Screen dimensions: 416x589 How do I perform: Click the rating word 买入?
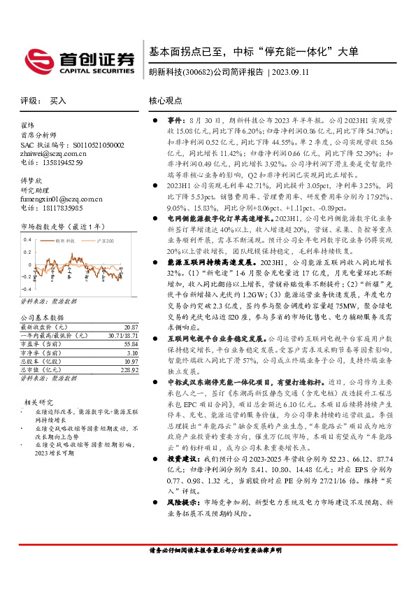[x=58, y=101]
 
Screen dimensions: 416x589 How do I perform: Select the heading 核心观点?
[x=166, y=101]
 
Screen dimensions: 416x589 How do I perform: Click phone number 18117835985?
[x=60, y=208]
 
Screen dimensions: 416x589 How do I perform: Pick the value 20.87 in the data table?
[x=130, y=327]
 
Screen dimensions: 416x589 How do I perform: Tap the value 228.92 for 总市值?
[x=128, y=369]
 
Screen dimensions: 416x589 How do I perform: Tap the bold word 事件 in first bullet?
[x=173, y=121]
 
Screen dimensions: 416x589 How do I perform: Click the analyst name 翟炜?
[x=27, y=125]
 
